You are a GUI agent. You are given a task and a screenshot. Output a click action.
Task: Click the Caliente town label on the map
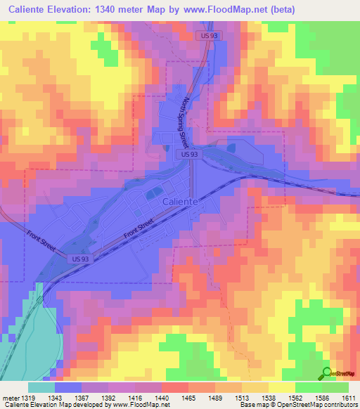click(179, 201)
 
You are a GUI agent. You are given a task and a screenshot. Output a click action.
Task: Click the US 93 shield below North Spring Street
click(187, 154)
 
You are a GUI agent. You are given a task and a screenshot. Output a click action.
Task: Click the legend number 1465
click(171, 397)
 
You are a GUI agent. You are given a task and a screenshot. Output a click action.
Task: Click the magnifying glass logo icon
click(327, 373)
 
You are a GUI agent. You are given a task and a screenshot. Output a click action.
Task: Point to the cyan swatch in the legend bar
click(41, 387)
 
